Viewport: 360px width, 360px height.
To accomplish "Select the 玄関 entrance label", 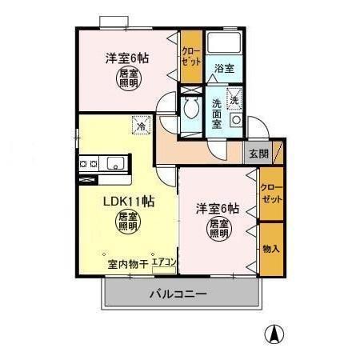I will [x=257, y=153].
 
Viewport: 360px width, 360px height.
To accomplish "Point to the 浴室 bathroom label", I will [x=224, y=69].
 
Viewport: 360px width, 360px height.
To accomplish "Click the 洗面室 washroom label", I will [x=218, y=114].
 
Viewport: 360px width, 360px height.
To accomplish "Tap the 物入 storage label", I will [x=271, y=249].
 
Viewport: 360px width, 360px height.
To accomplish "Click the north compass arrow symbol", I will [x=274, y=334].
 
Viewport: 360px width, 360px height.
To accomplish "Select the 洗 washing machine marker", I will [x=234, y=99].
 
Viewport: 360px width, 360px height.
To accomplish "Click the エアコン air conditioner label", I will [x=164, y=262].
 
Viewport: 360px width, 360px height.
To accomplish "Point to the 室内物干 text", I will [x=126, y=262].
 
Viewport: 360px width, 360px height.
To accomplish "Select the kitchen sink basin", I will [x=114, y=164].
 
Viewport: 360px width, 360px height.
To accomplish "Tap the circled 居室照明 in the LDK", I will [x=126, y=222].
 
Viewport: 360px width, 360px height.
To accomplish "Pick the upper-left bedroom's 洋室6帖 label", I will [x=128, y=58].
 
